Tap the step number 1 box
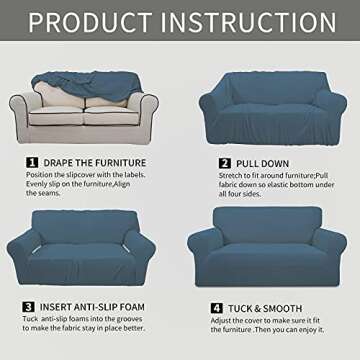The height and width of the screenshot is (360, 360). (x=32, y=162)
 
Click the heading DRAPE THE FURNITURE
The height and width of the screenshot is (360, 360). (x=94, y=162)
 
